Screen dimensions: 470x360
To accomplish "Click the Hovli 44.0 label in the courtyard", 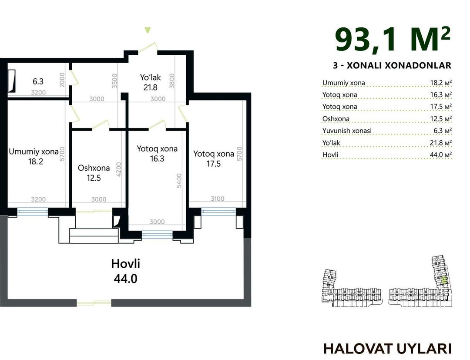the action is (x=125, y=271).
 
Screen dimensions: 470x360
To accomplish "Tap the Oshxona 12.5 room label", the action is (x=94, y=173).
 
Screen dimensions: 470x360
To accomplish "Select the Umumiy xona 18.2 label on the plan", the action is (x=34, y=156).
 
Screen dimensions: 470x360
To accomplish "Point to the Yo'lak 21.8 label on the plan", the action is (x=151, y=82).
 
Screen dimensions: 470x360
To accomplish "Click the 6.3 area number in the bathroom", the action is (x=38, y=81).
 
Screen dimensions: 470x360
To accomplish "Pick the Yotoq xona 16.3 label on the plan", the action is (x=157, y=154).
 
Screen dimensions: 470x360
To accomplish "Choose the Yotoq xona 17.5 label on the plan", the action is (x=213, y=158).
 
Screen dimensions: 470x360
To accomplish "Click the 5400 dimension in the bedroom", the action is (x=179, y=181).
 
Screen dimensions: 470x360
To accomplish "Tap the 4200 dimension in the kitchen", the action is (x=119, y=169).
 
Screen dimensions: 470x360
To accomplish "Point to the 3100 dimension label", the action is (x=218, y=199).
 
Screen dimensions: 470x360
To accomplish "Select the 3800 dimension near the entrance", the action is (x=172, y=81).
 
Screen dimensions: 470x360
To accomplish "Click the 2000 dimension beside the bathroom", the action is (x=62, y=80).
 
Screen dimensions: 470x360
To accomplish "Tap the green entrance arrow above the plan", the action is (x=148, y=30).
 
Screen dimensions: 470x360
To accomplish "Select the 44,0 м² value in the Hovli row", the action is (x=441, y=155).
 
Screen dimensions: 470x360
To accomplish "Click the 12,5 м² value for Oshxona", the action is (x=441, y=119).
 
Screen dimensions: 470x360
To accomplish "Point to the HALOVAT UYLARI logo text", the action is (x=387, y=349).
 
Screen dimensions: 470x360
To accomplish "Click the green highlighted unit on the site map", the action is (x=444, y=281).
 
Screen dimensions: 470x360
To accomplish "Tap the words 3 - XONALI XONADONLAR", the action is (x=392, y=65).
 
